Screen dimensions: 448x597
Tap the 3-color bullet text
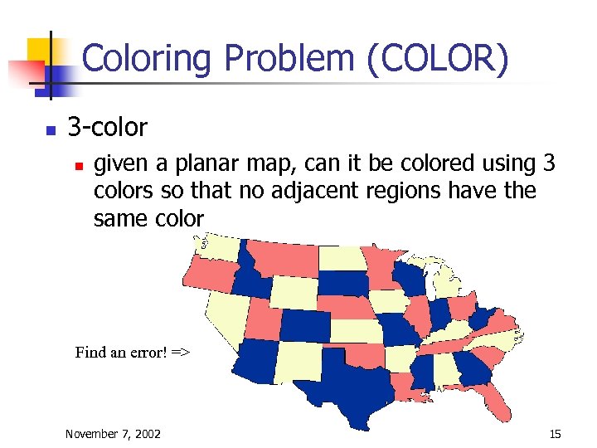107,128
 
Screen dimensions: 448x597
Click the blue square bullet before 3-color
51,130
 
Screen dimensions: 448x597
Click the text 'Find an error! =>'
133,352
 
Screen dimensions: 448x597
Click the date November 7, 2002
113,434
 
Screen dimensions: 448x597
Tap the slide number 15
555,434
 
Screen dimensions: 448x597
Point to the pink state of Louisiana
401,387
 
